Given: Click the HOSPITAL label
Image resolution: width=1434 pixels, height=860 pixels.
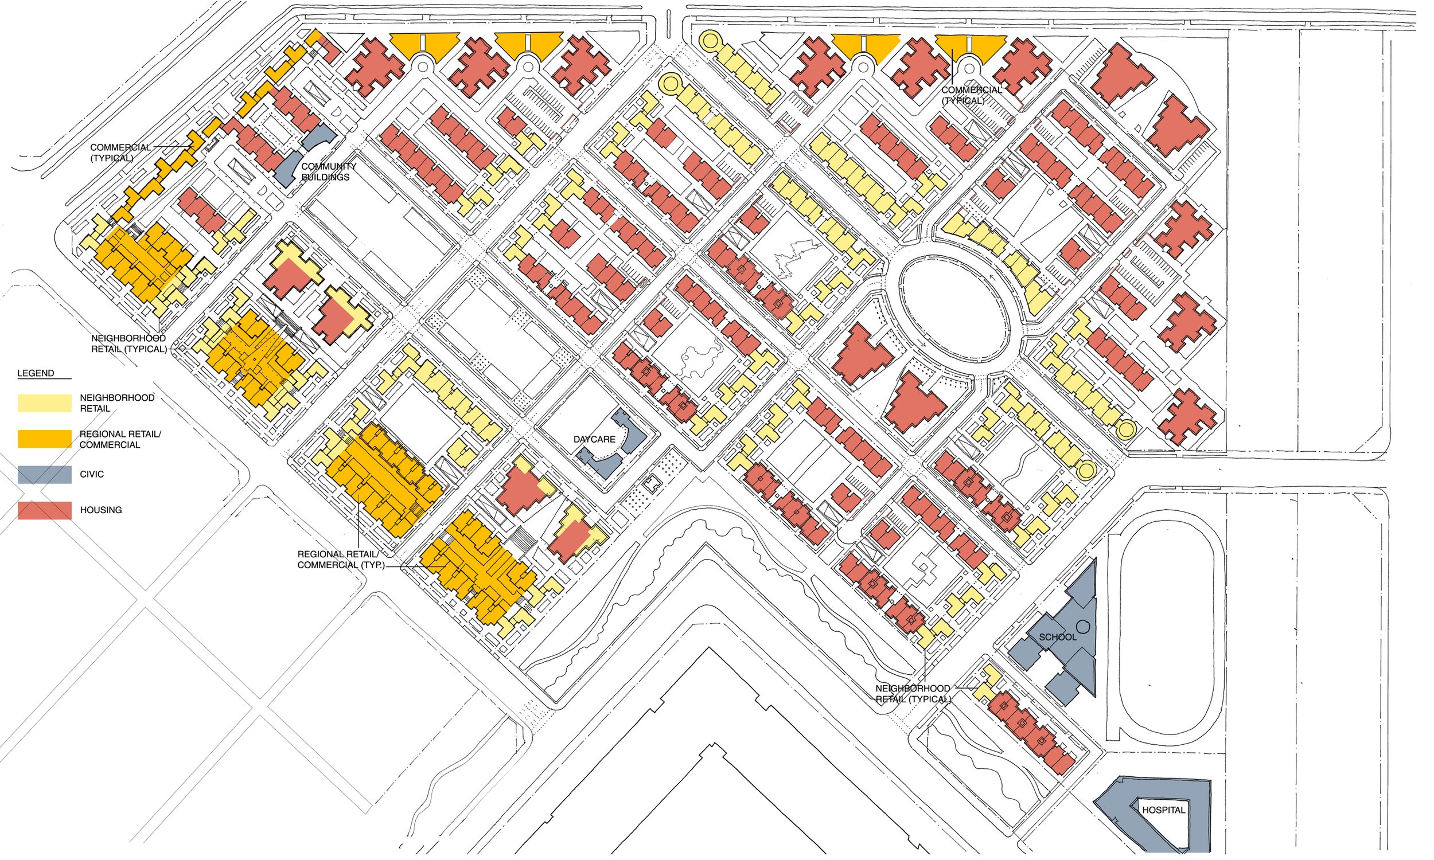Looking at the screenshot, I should pos(1163,810).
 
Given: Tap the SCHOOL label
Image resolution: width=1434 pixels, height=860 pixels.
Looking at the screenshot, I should pos(1057,637).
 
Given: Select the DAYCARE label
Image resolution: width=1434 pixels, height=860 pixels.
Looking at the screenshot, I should pos(594,439).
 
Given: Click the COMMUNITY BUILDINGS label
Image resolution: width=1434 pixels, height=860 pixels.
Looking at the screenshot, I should pos(328,171).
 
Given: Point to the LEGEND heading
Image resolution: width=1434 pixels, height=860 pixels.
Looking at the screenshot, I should pos(36,373).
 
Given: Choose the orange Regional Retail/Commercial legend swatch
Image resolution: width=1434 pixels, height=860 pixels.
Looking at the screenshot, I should pos(45,439).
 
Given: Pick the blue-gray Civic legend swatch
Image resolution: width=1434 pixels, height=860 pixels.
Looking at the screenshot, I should pos(45,475).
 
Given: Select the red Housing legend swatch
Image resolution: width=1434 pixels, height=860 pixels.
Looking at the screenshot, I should pos(45,510).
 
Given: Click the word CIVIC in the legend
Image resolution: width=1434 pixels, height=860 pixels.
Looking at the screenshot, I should pos(92,474).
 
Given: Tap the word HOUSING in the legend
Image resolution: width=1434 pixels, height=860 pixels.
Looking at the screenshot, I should pos(101,510).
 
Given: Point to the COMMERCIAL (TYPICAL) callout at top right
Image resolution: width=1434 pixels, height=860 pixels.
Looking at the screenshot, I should pos(971,95).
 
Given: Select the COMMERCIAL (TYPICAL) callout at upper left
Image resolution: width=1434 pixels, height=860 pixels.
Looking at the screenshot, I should pos(120,153).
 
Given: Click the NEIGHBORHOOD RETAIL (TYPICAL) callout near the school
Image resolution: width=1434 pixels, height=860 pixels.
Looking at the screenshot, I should pos(913,694).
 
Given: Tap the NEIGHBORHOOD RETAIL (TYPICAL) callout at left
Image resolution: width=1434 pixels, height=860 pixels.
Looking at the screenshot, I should pos(128,343).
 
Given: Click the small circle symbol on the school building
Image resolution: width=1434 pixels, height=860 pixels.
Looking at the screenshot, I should pos(1084,627).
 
